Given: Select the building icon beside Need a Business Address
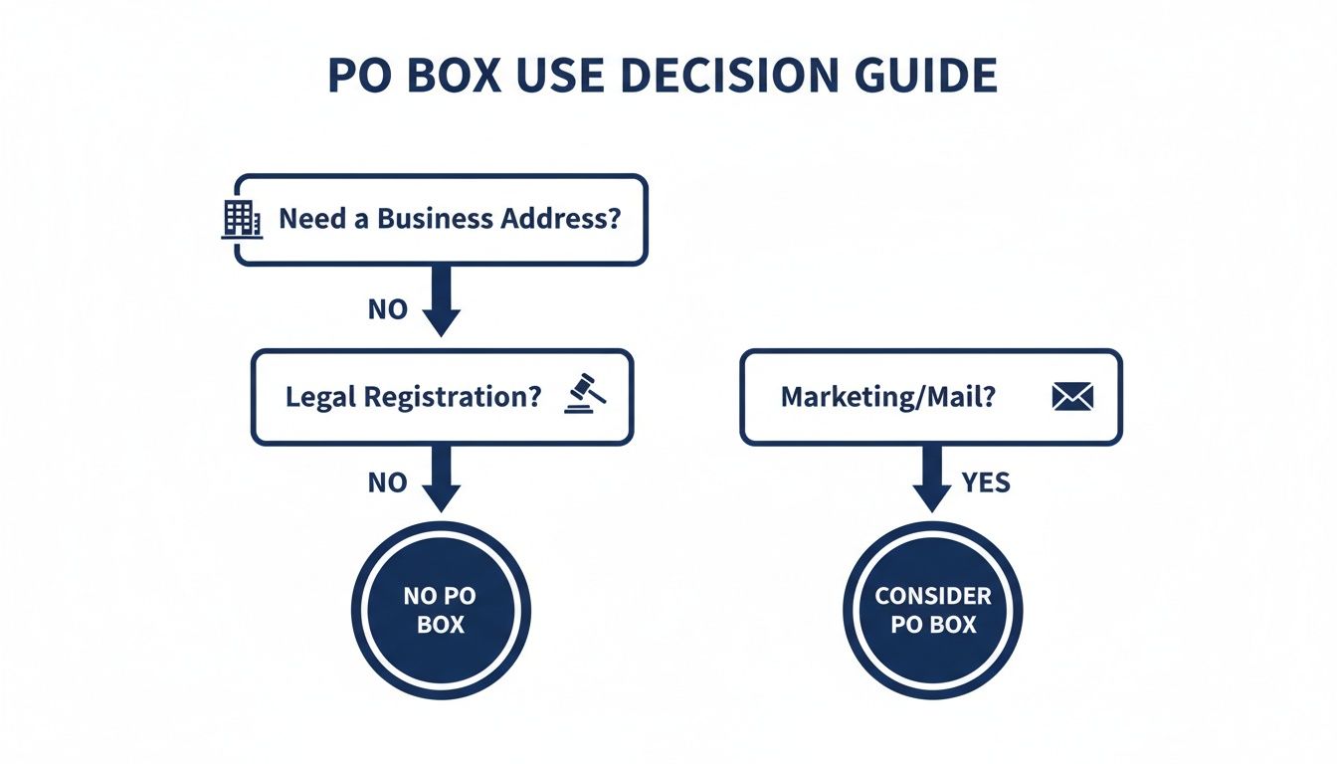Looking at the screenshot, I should [240, 219].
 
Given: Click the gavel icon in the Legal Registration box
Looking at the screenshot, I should [584, 394].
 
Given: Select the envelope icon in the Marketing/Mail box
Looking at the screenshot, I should [1071, 397].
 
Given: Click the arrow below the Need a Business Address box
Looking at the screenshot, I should [442, 301].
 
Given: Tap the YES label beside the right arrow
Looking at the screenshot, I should [986, 483].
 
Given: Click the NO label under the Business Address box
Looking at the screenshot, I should [387, 309].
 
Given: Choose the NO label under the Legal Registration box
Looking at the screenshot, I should [387, 483].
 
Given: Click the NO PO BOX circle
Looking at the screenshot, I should [441, 610].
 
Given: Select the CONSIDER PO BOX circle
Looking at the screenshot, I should [932, 610].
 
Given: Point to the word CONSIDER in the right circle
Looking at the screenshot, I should [933, 596].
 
